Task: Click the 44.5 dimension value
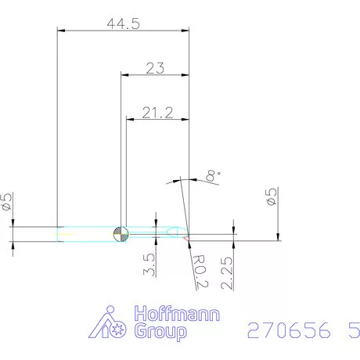pyautogui.click(x=123, y=23)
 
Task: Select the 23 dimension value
pyautogui.click(x=155, y=68)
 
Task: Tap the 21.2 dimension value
pyautogui.click(x=157, y=113)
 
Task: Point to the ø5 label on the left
pyautogui.click(x=7, y=202)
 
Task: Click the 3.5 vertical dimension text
pyautogui.click(x=149, y=265)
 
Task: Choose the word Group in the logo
pyautogui.click(x=161, y=332)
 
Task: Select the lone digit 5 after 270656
pyautogui.click(x=345, y=330)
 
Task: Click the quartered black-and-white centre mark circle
pyautogui.click(x=121, y=233)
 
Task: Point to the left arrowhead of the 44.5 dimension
pyautogui.click(x=63, y=31)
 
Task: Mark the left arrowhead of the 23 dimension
pyautogui.click(x=124, y=75)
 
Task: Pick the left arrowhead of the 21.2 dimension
pyautogui.click(x=131, y=120)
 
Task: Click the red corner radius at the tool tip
pyautogui.click(x=188, y=238)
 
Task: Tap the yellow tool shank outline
pyautogui.click(x=86, y=232)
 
